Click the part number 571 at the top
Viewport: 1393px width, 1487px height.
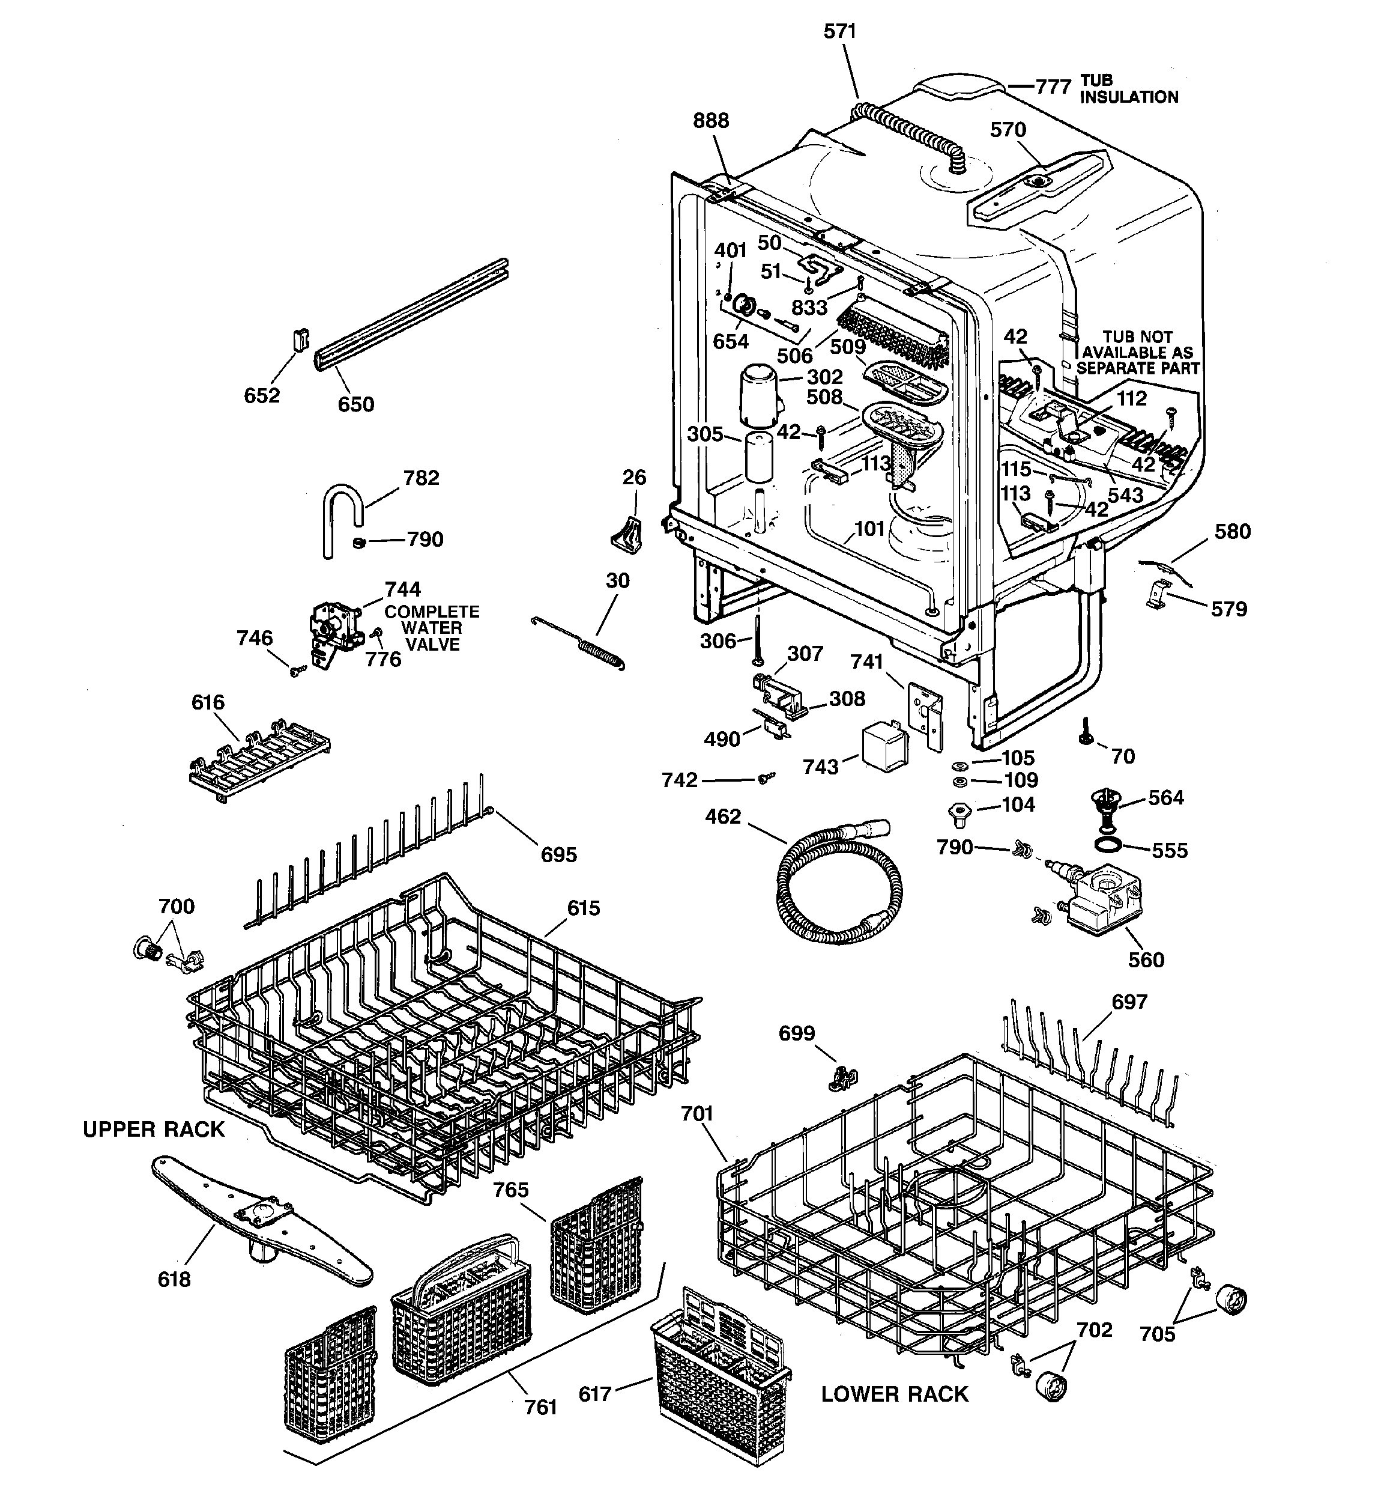click(839, 31)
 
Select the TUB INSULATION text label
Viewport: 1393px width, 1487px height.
click(1128, 89)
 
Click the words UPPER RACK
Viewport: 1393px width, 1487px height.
click(153, 1130)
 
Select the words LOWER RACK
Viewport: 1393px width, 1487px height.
click(894, 1394)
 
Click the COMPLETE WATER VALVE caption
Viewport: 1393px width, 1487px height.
click(432, 628)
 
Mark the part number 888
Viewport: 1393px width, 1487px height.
click(710, 120)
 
